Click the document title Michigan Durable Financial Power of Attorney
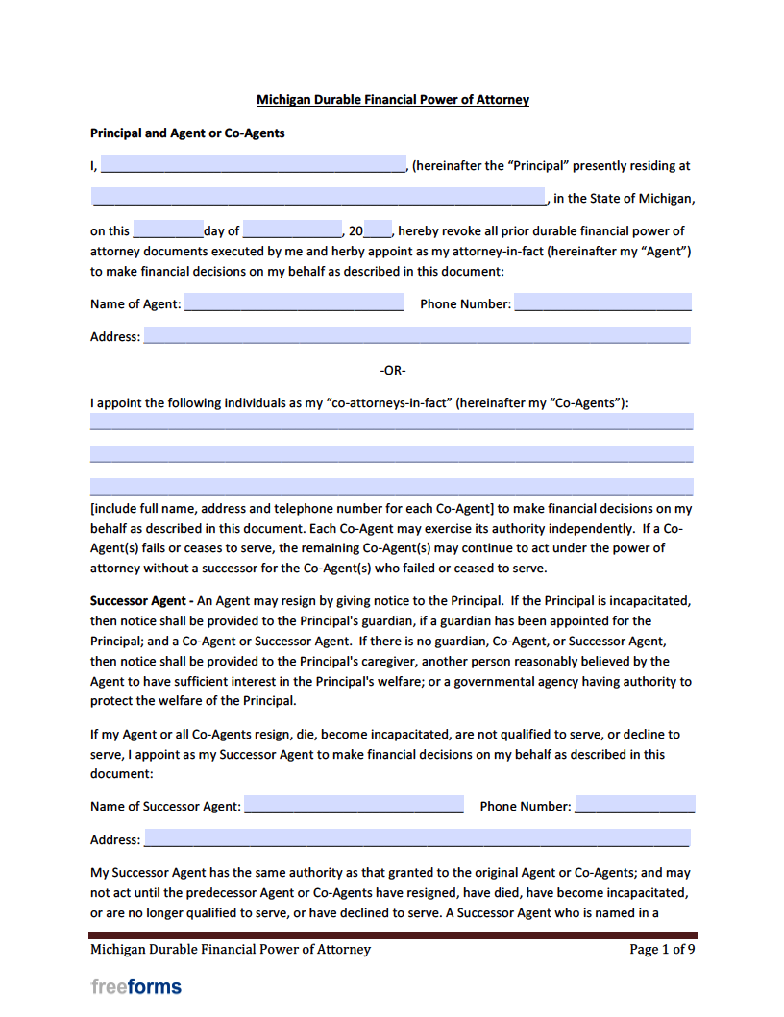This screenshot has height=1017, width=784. click(392, 100)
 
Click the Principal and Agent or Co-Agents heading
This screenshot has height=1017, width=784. click(187, 133)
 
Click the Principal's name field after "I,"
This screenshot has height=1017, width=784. click(253, 164)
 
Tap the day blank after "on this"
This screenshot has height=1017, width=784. click(168, 230)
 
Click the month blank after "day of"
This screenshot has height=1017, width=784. click(292, 230)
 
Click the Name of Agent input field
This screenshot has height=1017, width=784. click(294, 303)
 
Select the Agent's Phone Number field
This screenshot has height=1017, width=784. click(602, 303)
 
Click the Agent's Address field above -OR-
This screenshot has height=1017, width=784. click(416, 336)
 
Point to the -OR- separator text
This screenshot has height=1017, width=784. click(392, 370)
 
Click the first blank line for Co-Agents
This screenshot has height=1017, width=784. click(391, 422)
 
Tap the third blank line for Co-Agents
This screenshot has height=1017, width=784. click(391, 487)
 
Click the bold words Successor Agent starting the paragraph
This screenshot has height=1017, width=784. click(137, 601)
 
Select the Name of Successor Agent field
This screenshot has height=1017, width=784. click(354, 805)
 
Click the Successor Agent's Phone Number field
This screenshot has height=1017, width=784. click(634, 805)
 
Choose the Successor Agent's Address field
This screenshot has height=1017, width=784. click(416, 838)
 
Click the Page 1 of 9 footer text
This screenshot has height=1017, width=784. click(661, 950)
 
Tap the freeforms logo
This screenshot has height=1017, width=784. click(135, 986)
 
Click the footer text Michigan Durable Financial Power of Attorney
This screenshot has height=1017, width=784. click(231, 950)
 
